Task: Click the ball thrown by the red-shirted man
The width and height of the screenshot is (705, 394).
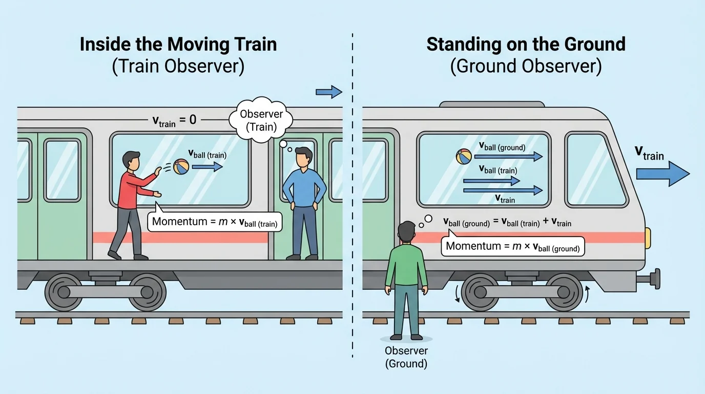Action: point(181,166)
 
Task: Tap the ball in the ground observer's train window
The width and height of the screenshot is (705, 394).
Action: point(463,156)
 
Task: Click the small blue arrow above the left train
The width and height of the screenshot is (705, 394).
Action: point(328,92)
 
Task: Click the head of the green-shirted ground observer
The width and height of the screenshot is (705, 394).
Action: point(407,232)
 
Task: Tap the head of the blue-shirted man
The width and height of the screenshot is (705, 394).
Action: point(304,157)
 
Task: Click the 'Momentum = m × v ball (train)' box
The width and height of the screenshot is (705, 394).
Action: point(215,223)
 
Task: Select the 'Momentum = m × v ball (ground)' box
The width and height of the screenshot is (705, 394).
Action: point(512,246)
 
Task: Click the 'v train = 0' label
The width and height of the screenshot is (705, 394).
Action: point(174,121)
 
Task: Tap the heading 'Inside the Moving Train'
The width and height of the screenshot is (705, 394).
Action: point(178,44)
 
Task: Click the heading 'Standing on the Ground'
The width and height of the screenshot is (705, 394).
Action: point(526,44)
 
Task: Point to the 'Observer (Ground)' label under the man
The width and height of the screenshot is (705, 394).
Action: point(406,357)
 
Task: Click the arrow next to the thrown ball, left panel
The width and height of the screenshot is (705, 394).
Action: point(208,166)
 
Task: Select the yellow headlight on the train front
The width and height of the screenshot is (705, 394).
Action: point(648,235)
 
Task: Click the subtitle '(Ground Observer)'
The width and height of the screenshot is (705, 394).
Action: point(526,67)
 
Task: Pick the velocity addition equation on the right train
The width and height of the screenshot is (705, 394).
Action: point(507,223)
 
